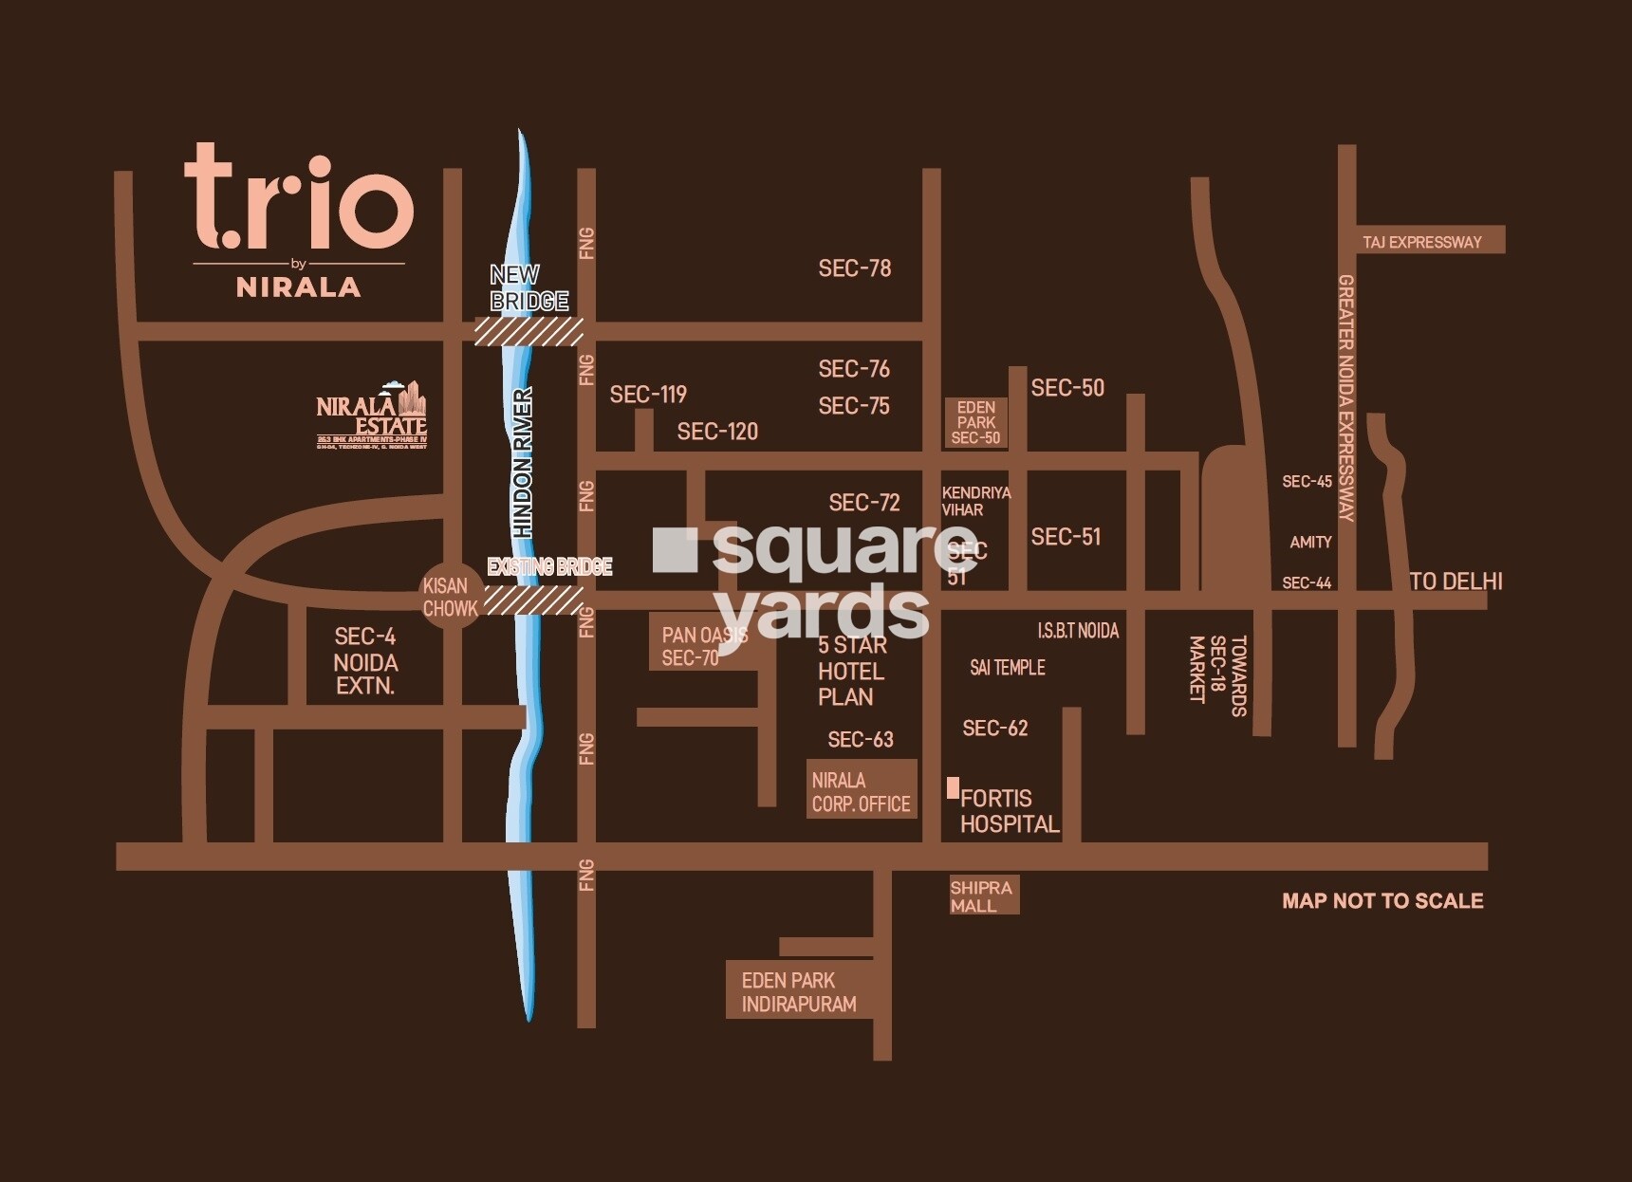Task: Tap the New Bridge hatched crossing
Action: click(x=529, y=331)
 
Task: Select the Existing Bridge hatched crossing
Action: click(x=533, y=600)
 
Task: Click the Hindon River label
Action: click(x=522, y=463)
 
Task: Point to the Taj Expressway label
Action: click(x=1421, y=242)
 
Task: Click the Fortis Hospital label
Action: click(x=1009, y=811)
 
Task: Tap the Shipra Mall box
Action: click(x=984, y=896)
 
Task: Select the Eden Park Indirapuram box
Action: click(x=799, y=991)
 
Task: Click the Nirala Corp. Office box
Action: click(x=861, y=791)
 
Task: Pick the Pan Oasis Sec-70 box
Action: click(x=704, y=646)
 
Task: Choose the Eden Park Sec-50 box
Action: click(x=975, y=422)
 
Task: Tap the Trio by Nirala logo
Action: click(x=299, y=221)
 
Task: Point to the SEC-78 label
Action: click(x=854, y=268)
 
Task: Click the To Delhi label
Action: click(x=1456, y=582)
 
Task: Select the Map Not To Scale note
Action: click(x=1382, y=901)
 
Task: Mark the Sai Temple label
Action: click(x=1007, y=668)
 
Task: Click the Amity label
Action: click(x=1310, y=542)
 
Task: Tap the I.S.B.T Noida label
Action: click(x=1078, y=631)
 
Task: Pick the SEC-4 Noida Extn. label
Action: click(x=365, y=660)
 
